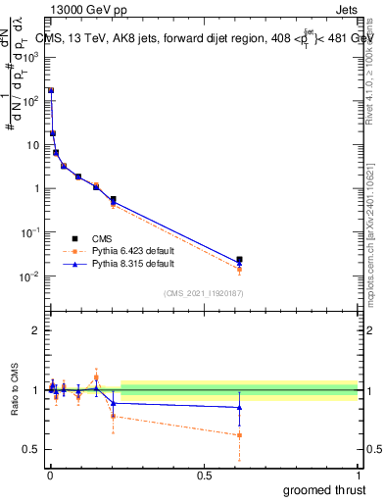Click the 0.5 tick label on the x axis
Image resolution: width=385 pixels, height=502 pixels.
(204, 474)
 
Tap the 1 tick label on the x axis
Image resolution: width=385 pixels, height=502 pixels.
(359, 474)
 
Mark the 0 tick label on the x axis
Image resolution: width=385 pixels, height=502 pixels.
(49, 474)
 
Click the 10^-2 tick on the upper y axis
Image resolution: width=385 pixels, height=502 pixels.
(29, 276)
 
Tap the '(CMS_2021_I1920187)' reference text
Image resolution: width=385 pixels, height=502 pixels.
(203, 294)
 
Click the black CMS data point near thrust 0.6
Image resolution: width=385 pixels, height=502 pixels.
(239, 260)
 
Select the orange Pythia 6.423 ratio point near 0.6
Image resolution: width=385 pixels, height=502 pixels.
(239, 435)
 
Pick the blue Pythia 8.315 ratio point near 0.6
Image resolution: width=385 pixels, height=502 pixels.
(239, 407)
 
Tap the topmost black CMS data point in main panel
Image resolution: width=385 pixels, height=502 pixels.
(51, 91)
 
